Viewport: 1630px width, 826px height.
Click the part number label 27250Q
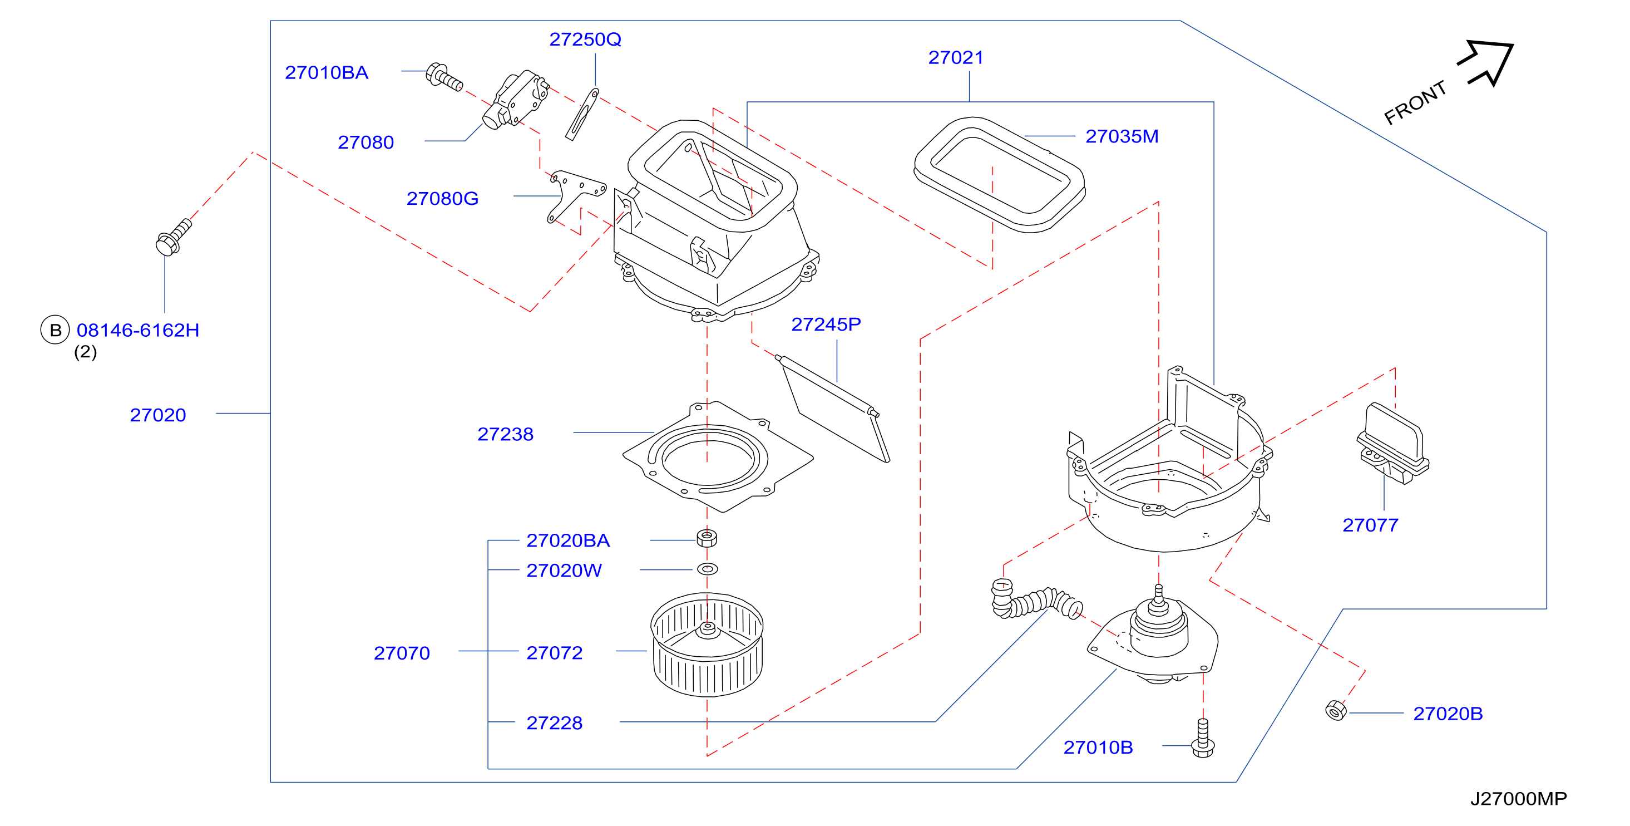coord(585,40)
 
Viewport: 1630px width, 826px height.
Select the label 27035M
coord(1122,136)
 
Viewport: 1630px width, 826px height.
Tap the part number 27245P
coord(826,324)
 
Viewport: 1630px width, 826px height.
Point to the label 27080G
coord(442,199)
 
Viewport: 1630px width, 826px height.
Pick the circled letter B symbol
coord(55,330)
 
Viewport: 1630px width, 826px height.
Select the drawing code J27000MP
coord(1518,799)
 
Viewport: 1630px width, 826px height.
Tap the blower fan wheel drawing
coord(707,645)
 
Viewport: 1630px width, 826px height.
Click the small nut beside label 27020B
coord(1335,710)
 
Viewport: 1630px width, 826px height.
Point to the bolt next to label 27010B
coord(1202,738)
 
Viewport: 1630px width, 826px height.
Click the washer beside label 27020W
coord(707,569)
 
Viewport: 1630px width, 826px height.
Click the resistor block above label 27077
coord(1392,444)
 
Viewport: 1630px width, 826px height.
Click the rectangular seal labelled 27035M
coord(1000,175)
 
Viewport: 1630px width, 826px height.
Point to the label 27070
coord(402,653)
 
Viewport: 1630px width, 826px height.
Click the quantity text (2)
coord(86,352)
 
